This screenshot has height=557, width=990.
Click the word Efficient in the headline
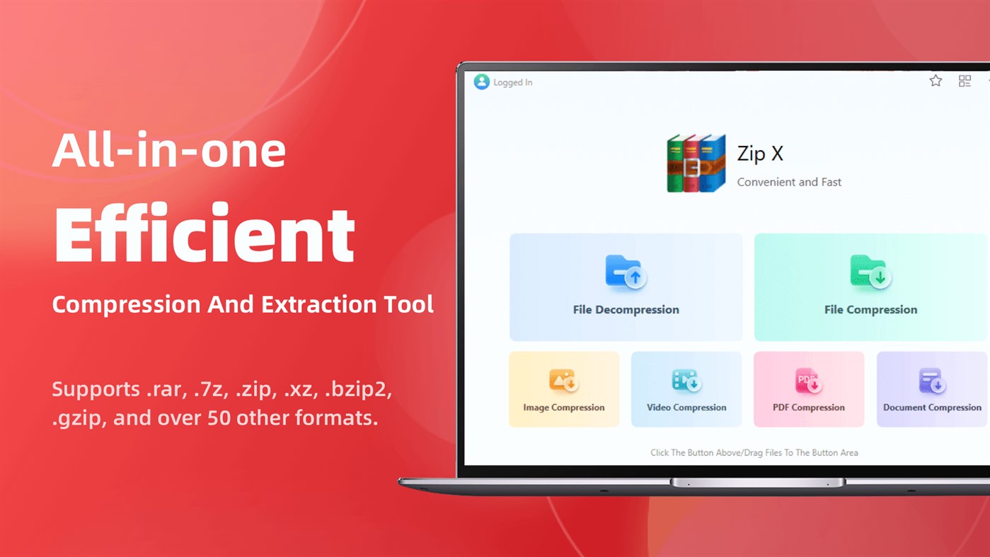[204, 234]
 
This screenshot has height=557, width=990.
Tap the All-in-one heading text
[168, 151]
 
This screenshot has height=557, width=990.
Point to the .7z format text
[207, 389]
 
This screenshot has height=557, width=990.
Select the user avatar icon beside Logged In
[482, 82]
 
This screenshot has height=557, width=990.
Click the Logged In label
[513, 83]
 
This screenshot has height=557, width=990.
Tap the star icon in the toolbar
[936, 81]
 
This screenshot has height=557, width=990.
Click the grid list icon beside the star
[965, 81]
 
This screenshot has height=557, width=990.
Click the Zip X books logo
[696, 163]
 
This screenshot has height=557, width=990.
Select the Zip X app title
[760, 154]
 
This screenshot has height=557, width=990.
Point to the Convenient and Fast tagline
[789, 182]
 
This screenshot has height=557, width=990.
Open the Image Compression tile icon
[563, 381]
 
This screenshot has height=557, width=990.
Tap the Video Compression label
[686, 408]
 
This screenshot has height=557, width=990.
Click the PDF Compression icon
[808, 381]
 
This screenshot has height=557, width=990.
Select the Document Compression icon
[931, 381]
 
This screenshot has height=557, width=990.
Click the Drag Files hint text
[754, 453]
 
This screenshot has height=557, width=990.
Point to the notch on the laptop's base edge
[757, 483]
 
